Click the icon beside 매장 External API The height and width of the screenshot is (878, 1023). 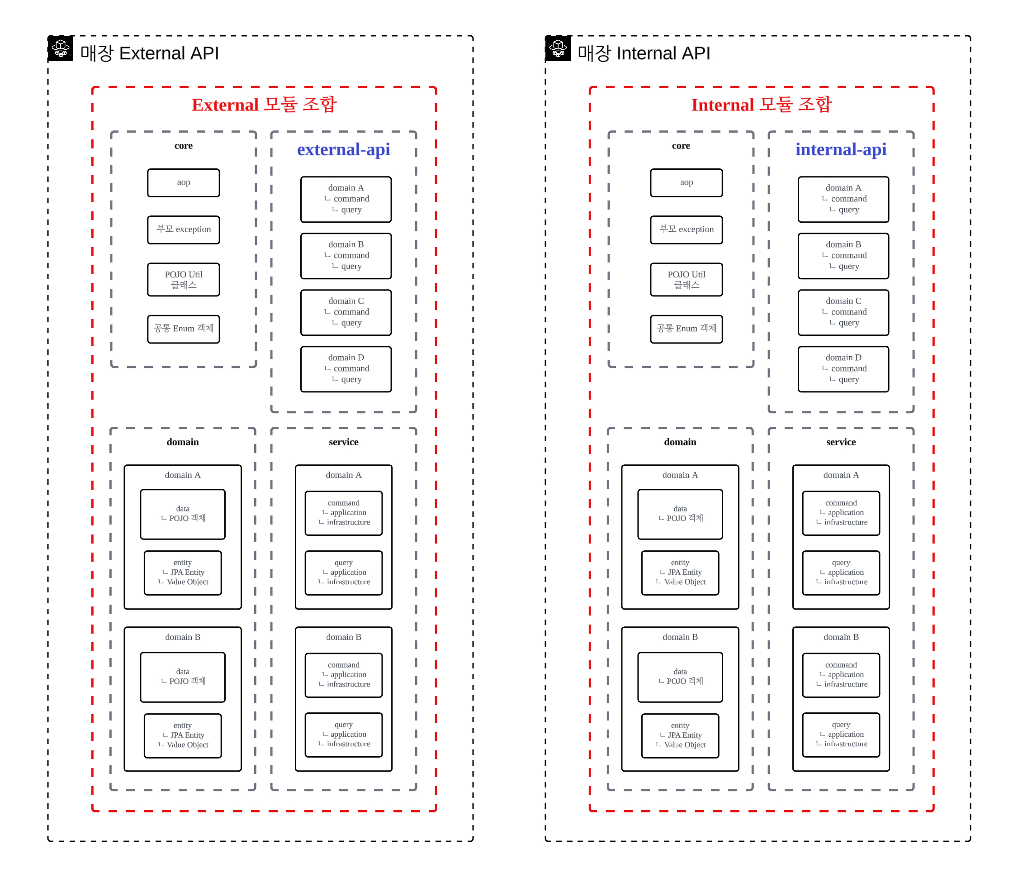tap(61, 48)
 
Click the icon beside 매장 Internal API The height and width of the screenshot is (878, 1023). tap(559, 48)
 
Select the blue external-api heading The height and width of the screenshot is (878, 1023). tap(344, 149)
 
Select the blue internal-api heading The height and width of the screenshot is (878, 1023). tap(841, 149)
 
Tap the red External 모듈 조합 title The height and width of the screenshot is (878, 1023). tap(264, 105)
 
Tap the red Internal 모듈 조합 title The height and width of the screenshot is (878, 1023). tap(761, 105)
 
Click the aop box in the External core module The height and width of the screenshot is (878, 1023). tap(184, 183)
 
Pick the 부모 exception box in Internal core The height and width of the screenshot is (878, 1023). tap(686, 230)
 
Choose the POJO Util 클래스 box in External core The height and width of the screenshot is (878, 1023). tap(184, 280)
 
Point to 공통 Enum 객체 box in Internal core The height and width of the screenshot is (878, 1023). tap(686, 329)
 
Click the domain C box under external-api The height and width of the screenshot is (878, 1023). tap(346, 312)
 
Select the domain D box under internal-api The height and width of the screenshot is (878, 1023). tap(843, 369)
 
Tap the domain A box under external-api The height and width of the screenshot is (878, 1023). tap(346, 199)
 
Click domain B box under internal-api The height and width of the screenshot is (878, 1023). tap(843, 256)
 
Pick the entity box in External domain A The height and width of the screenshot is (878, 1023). tap(183, 573)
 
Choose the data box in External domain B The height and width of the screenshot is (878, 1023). tap(183, 677)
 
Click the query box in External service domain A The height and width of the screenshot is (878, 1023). tap(344, 573)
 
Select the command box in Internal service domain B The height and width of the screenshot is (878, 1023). tap(841, 675)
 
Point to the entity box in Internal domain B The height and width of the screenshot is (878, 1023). tap(680, 736)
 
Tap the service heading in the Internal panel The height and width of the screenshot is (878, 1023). tap(841, 442)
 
